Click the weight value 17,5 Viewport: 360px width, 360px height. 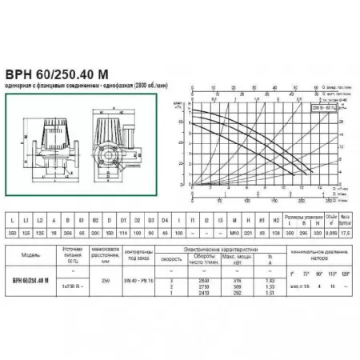point(346,231)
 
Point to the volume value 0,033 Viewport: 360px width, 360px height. point(330,231)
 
